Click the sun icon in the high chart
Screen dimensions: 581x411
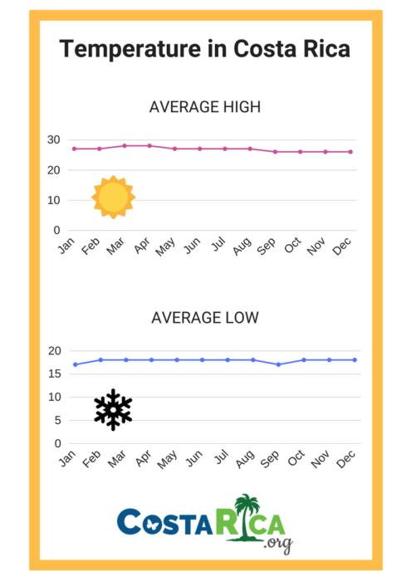click(x=113, y=198)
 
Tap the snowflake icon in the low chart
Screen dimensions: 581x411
click(x=113, y=409)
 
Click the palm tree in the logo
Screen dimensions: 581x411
click(x=247, y=516)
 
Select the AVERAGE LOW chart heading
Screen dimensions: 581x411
click(x=204, y=318)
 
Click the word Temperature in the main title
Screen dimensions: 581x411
click(x=130, y=50)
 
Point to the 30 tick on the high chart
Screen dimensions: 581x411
click(x=54, y=139)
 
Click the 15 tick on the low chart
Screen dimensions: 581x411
click(x=54, y=373)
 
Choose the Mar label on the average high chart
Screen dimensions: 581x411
click(x=117, y=247)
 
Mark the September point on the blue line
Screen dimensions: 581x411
click(x=278, y=364)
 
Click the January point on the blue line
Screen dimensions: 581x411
click(x=75, y=364)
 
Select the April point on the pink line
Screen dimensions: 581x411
click(x=150, y=145)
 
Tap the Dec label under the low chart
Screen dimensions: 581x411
click(x=346, y=458)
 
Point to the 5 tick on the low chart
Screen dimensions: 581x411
click(x=56, y=420)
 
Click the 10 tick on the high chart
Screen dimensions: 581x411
click(x=54, y=200)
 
